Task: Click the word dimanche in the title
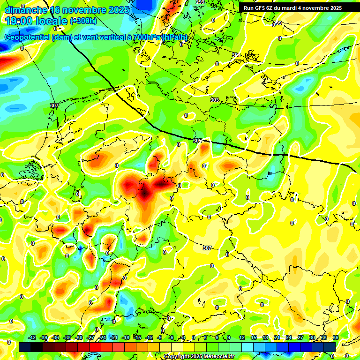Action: click(x=26, y=10)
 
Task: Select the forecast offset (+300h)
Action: click(x=83, y=21)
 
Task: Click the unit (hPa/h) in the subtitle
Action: click(x=175, y=37)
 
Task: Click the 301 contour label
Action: click(x=236, y=55)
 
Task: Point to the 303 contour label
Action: click(x=215, y=100)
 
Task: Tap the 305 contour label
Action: click(x=197, y=141)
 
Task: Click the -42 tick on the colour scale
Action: click(x=32, y=337)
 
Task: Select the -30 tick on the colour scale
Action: click(x=79, y=337)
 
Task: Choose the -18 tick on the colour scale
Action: click(x=126, y=337)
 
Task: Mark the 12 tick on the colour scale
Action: click(x=242, y=337)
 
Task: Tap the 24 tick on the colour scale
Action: click(x=289, y=337)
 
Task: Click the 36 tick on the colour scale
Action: click(x=336, y=337)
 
